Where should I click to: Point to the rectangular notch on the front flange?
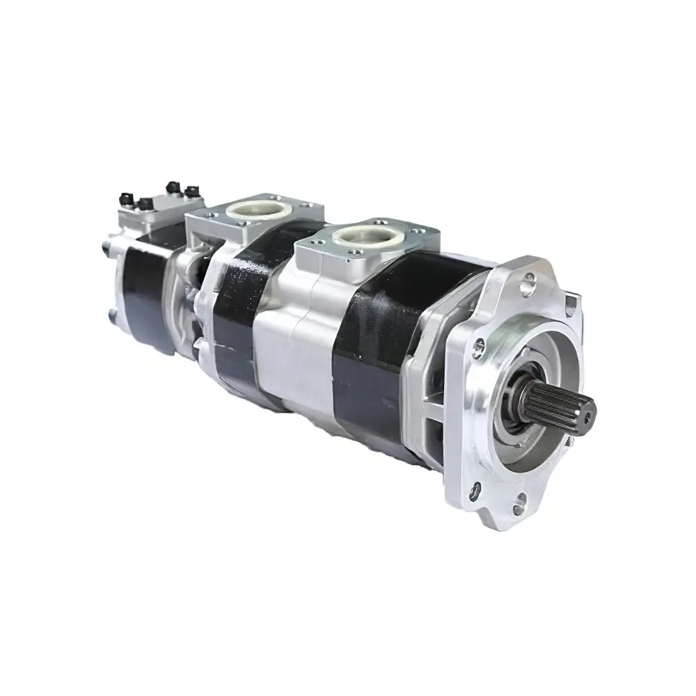(571, 301)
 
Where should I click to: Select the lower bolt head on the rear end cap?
(111, 317)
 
